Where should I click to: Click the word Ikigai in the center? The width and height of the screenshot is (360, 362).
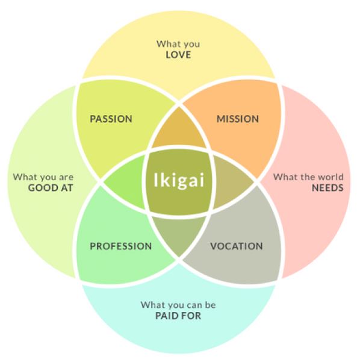[179, 181]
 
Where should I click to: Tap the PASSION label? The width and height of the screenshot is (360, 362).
[111, 119]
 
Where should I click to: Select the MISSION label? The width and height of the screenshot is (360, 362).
[237, 119]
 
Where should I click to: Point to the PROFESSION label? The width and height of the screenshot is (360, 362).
[120, 246]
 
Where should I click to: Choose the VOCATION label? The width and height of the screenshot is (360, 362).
[237, 246]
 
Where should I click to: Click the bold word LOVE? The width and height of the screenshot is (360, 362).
[178, 55]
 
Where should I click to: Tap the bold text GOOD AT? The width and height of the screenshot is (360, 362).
[51, 188]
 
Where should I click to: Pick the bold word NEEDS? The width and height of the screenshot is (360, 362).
[327, 188]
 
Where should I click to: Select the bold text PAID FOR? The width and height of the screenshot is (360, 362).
[178, 316]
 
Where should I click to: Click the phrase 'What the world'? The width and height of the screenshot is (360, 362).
[308, 177]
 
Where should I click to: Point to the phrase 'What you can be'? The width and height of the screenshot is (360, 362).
[178, 305]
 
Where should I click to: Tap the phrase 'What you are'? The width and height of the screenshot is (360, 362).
[43, 177]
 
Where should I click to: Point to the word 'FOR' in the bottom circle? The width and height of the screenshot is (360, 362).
[191, 316]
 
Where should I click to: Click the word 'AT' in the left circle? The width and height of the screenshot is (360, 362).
[67, 188]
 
